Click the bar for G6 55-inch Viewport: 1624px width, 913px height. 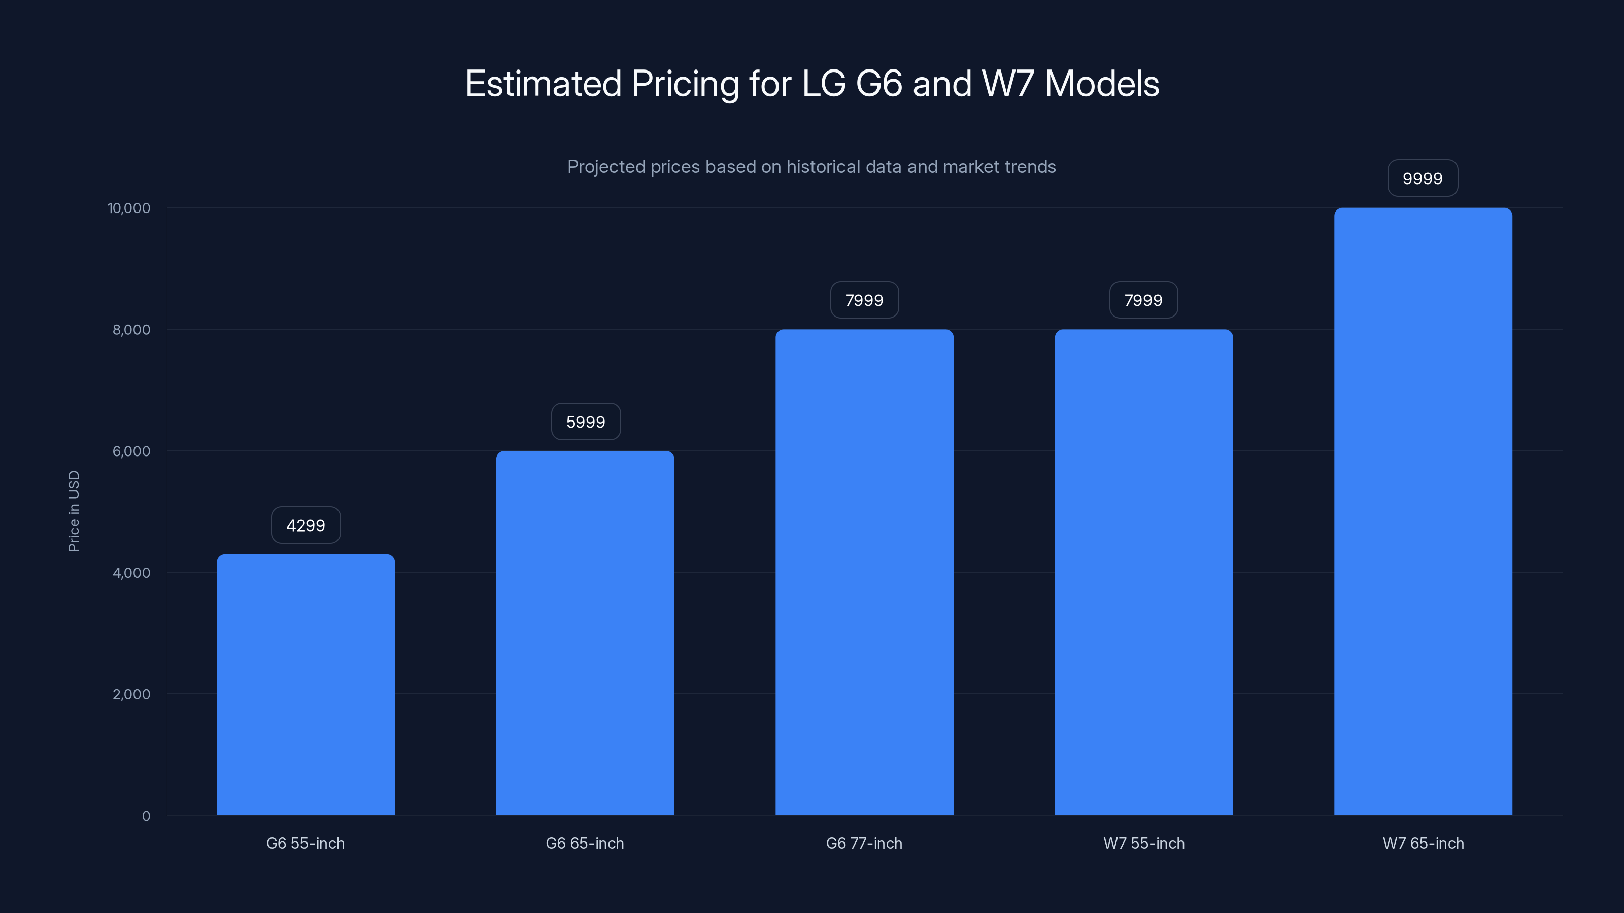pos(306,685)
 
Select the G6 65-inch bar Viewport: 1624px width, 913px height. pos(585,633)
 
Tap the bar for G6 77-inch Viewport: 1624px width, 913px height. pos(864,572)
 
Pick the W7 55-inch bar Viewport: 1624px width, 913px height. pos(1143,572)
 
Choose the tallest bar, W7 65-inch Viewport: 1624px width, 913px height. pos(1423,512)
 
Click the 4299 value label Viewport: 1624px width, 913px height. pos(306,525)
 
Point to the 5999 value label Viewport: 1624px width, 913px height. pos(586,422)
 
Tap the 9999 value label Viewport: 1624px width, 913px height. pos(1422,179)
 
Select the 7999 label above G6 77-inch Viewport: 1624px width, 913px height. pos(864,300)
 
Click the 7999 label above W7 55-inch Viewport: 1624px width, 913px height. pos(1143,300)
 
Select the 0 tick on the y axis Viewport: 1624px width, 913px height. pos(146,816)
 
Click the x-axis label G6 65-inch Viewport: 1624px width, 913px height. pos(585,843)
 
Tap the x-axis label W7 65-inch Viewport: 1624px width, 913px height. pos(1423,843)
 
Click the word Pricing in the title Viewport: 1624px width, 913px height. pos(685,84)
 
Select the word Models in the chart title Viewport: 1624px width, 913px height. pos(1101,84)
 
